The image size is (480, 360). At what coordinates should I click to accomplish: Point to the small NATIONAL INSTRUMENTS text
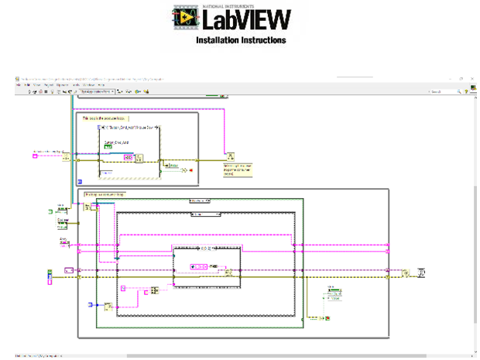point(224,6)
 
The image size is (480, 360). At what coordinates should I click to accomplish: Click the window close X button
point(472,79)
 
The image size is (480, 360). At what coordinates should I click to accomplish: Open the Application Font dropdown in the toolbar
point(96,91)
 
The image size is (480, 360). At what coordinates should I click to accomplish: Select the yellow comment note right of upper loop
point(239,170)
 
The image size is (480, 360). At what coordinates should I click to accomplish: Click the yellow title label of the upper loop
point(102,118)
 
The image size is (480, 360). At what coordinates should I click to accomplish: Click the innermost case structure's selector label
point(206,248)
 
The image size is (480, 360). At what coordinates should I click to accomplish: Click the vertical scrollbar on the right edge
point(474,209)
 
